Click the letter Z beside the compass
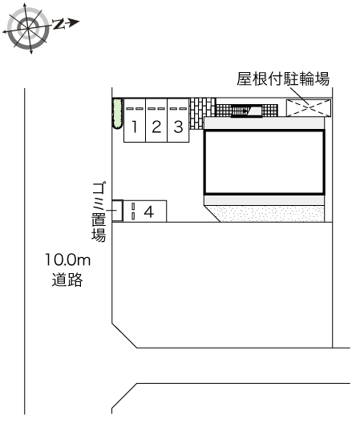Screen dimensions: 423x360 (59, 24)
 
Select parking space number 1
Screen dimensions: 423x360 (136, 126)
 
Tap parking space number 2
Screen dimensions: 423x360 (156, 126)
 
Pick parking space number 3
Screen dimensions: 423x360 (178, 126)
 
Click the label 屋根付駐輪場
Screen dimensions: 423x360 (284, 79)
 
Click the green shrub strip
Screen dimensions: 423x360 (116, 114)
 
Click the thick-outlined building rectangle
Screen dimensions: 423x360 (264, 162)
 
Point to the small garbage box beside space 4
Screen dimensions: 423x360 (117, 211)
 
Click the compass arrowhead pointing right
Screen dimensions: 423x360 (75, 22)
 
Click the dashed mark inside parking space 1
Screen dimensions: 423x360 (135, 108)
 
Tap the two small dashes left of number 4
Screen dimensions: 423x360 (133, 211)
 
